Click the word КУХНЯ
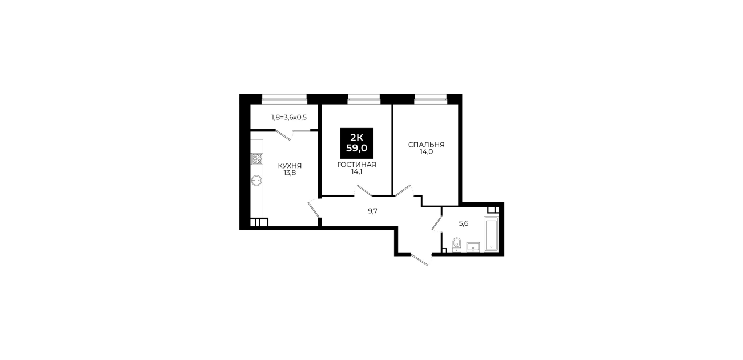click(290, 166)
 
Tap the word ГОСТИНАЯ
click(356, 165)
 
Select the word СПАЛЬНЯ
click(426, 145)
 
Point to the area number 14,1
click(356, 172)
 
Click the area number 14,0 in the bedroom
click(426, 152)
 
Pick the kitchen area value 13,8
click(290, 173)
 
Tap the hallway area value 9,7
click(373, 211)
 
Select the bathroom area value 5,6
click(463, 223)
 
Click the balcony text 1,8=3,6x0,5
click(289, 117)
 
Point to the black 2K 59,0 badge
click(356, 143)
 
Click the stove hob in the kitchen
click(257, 159)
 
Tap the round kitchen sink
click(256, 181)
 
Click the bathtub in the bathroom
click(491, 234)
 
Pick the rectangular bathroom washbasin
click(473, 247)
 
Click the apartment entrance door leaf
click(420, 260)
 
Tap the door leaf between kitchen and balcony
click(283, 135)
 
